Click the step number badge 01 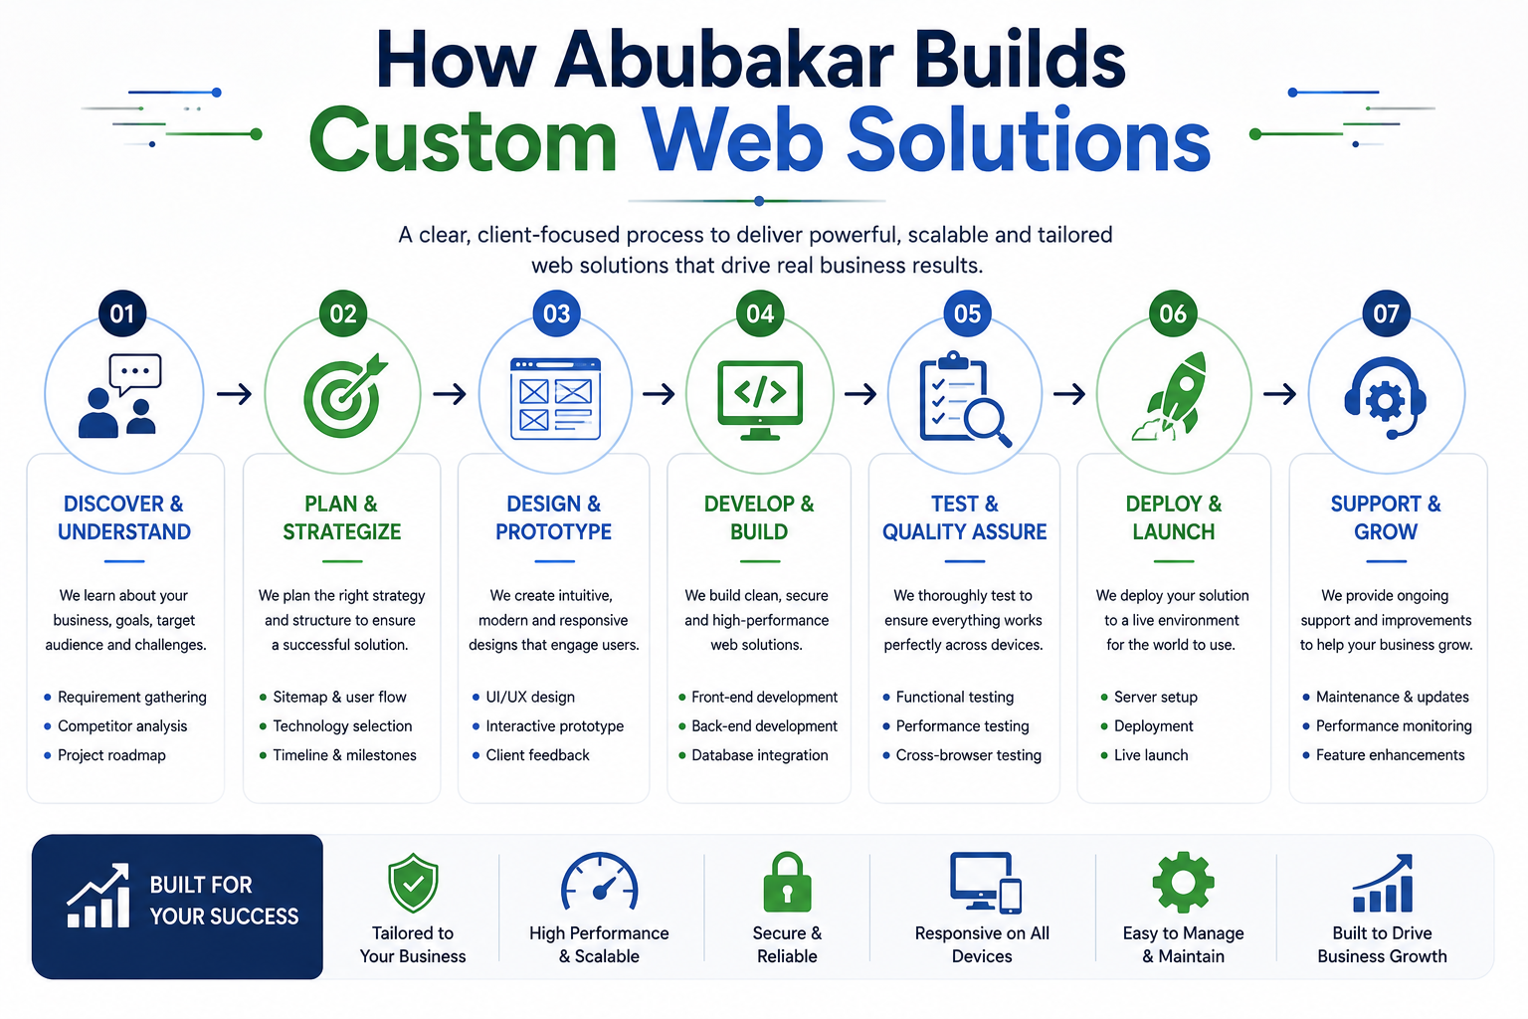pyautogui.click(x=122, y=313)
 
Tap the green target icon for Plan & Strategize pyautogui.click(x=344, y=396)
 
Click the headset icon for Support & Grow pyautogui.click(x=1386, y=398)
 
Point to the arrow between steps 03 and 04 pyautogui.click(x=659, y=394)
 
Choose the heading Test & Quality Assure pyautogui.click(x=965, y=517)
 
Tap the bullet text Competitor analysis pyautogui.click(x=122, y=725)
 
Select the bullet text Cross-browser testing pyautogui.click(x=969, y=755)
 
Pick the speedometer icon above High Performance pyautogui.click(x=599, y=881)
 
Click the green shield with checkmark pyautogui.click(x=413, y=883)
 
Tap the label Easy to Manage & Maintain pyautogui.click(x=1184, y=944)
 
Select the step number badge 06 pyautogui.click(x=1173, y=313)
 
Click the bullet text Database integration pyautogui.click(x=760, y=755)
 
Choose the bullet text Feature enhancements pyautogui.click(x=1390, y=755)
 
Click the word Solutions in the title pyautogui.click(x=1029, y=140)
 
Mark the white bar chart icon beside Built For pyautogui.click(x=98, y=896)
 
